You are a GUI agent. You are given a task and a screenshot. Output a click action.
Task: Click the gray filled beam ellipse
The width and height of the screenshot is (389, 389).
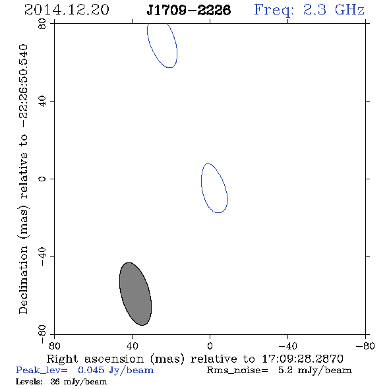tap(135, 294)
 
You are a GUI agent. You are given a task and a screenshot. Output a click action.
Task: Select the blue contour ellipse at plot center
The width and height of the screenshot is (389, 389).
tap(202, 183)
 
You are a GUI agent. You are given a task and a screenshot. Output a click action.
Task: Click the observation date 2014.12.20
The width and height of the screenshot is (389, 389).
tap(67, 10)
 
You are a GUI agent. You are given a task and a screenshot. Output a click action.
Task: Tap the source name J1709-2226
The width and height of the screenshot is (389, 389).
tap(189, 10)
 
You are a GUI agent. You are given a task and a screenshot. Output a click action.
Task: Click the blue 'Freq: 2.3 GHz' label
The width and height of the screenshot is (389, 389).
tap(309, 10)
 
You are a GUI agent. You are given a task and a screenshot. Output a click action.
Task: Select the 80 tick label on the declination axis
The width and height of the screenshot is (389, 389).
tap(42, 24)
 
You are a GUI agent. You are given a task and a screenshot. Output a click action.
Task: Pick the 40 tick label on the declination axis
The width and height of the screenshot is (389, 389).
tap(42, 102)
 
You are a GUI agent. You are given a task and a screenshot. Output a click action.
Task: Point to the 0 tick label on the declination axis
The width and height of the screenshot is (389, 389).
tap(42, 179)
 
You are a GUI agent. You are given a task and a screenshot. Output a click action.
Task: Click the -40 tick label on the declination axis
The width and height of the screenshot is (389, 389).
tap(42, 256)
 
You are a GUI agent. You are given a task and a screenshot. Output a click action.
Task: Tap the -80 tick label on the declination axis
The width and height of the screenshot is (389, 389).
tap(42, 334)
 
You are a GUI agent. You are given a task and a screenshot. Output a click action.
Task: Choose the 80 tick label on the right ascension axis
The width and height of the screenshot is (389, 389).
tap(54, 346)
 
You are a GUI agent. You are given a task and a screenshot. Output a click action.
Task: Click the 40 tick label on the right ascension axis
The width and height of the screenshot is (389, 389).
tap(132, 346)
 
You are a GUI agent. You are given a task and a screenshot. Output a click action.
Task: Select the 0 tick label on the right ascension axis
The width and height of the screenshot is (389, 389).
tap(210, 346)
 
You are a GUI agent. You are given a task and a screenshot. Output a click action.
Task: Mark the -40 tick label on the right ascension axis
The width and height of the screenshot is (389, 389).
tap(287, 346)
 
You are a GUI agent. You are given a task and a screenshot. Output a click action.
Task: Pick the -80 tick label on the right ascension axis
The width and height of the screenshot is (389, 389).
tap(365, 346)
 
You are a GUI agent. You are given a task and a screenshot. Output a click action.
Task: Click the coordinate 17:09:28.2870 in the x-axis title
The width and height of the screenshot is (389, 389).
tap(303, 359)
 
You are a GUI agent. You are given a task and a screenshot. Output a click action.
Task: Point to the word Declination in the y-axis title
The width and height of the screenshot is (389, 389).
tap(23, 280)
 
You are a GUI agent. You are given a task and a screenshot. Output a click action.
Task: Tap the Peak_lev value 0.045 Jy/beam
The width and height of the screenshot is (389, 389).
tap(115, 371)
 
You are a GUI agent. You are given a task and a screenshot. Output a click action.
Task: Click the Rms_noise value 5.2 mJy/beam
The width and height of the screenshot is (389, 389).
tap(315, 371)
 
